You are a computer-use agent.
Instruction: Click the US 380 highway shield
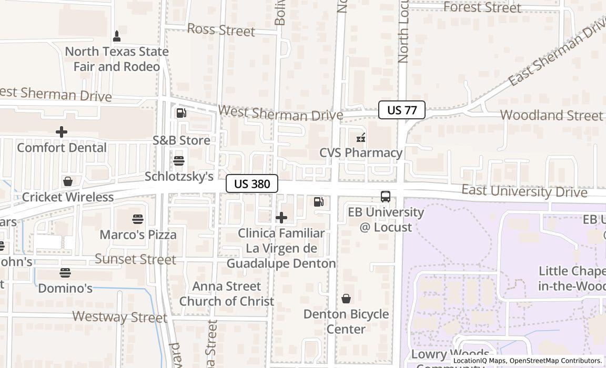[252, 183]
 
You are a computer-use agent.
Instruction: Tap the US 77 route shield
[402, 110]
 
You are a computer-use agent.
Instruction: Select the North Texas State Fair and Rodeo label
[117, 59]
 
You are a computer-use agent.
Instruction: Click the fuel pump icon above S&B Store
[181, 113]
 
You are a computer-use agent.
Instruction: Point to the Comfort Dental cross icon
[62, 132]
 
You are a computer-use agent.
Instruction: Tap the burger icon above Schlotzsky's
[179, 160]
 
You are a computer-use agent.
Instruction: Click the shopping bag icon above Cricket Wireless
[67, 181]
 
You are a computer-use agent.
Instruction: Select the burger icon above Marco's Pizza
[138, 219]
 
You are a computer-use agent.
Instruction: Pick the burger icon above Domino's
[65, 273]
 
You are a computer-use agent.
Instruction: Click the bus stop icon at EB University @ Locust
[386, 197]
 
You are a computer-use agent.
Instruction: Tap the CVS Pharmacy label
[361, 153]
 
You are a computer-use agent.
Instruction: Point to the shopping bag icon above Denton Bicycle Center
[346, 299]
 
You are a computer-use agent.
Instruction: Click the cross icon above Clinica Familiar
[281, 217]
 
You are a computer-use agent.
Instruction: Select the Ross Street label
[221, 30]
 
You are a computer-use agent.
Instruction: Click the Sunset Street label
[135, 259]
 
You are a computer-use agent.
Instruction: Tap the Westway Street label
[119, 317]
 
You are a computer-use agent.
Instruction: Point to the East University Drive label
[524, 191]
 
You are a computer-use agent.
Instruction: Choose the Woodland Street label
[551, 115]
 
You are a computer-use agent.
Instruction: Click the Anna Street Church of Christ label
[227, 294]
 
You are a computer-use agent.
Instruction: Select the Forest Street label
[482, 7]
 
